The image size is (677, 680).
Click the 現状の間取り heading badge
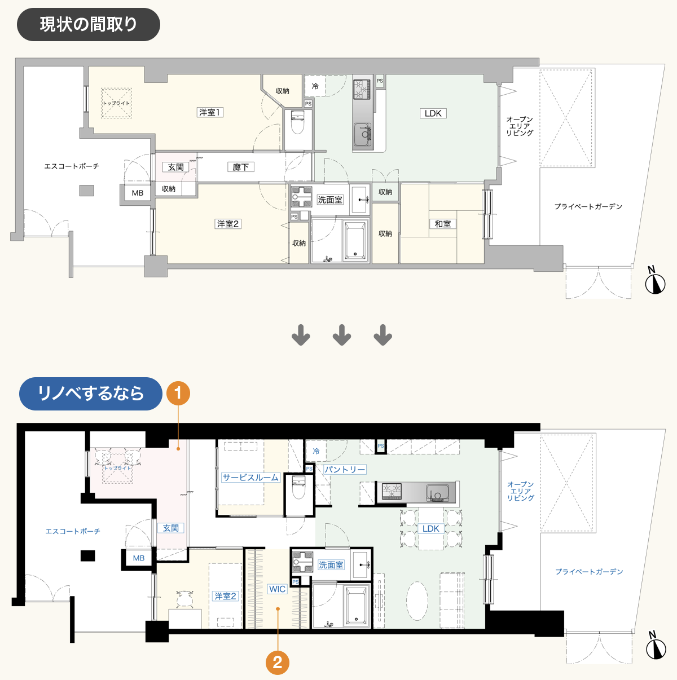point(88,24)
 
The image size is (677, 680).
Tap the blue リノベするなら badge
point(91,394)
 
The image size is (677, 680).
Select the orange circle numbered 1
point(178,393)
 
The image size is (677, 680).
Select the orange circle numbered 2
point(278,663)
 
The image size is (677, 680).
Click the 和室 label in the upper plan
point(442,224)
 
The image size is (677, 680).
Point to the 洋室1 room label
point(210,112)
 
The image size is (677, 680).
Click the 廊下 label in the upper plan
point(240,167)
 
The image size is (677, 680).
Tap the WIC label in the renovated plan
point(277,589)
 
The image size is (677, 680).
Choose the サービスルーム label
point(250,478)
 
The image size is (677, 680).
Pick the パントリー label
point(345,469)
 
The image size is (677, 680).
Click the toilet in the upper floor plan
point(297,121)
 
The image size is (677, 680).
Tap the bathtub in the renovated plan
point(356,606)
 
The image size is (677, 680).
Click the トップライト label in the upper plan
point(116,103)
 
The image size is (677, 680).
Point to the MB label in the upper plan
point(138,193)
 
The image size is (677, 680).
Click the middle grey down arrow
point(342,335)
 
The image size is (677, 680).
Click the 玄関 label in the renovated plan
point(170,528)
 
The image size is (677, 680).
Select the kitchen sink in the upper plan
point(363,135)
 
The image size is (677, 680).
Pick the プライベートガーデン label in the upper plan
point(588,206)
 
